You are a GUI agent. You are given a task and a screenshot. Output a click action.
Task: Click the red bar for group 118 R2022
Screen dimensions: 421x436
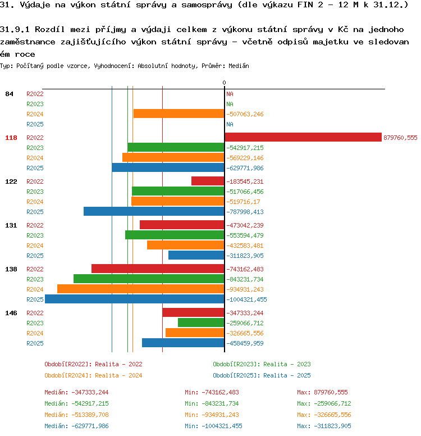click(303, 137)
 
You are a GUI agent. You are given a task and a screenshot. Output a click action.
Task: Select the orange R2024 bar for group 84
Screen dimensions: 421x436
click(179, 113)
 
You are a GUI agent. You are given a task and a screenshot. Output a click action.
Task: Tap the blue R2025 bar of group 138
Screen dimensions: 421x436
click(135, 299)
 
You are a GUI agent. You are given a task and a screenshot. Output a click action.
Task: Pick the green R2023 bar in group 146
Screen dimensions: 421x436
click(201, 323)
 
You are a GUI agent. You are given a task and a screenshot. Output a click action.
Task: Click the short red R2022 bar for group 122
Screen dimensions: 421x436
click(208, 181)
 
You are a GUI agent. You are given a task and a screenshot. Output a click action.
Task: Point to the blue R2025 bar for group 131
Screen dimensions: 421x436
click(196, 255)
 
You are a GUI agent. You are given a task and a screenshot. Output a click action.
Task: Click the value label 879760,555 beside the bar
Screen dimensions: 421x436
click(400, 138)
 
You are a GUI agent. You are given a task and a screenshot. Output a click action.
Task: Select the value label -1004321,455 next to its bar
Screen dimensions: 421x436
click(246, 299)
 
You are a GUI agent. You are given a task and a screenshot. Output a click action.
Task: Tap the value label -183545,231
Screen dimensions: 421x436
click(245, 181)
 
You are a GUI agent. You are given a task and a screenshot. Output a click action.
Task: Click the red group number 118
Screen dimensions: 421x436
click(11, 138)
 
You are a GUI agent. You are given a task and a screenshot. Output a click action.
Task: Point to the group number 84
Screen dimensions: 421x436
click(9, 94)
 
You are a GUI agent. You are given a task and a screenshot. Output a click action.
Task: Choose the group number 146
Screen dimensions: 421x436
click(11, 313)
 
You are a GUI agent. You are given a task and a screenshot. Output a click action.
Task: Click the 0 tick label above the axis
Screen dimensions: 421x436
click(225, 83)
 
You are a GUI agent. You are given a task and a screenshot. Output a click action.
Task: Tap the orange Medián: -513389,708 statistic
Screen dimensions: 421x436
click(76, 415)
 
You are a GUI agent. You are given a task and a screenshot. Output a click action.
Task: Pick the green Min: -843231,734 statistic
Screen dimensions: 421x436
click(212, 403)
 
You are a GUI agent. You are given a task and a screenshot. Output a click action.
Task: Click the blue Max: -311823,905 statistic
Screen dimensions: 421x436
click(324, 426)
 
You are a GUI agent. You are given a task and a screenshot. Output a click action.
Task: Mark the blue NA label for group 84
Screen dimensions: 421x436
click(230, 124)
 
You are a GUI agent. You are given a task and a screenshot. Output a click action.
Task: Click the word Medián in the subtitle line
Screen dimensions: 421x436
click(239, 66)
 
